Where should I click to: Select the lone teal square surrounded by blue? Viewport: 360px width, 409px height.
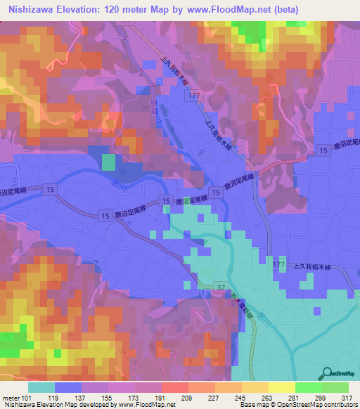tap(108, 162)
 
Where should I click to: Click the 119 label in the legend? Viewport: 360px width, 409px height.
tap(68, 397)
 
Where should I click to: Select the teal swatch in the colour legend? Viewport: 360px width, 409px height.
tap(41, 387)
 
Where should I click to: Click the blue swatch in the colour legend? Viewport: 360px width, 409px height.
tap(68, 387)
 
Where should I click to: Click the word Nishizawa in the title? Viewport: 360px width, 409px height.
tap(30, 10)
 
